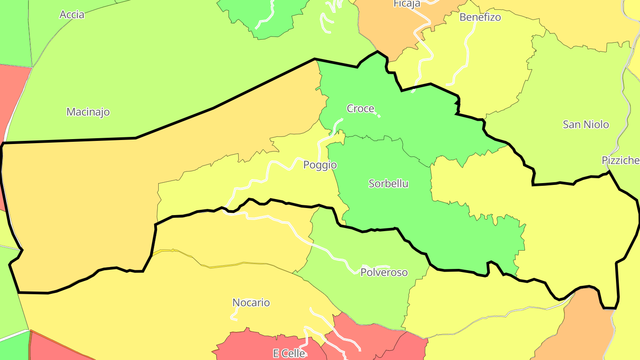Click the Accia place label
tap(72, 15)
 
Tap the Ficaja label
tap(407, 4)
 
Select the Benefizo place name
tap(480, 17)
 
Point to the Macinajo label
tap(88, 112)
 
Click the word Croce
tap(360, 108)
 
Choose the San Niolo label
tap(586, 124)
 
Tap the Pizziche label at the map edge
tap(620, 160)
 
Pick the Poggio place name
tap(320, 165)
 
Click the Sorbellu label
tap(388, 184)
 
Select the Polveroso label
tap(384, 272)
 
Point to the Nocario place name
tap(251, 303)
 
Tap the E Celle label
tap(289, 354)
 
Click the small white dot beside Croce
tap(379, 116)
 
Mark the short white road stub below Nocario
tap(234, 316)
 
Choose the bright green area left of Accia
tap(13, 31)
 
